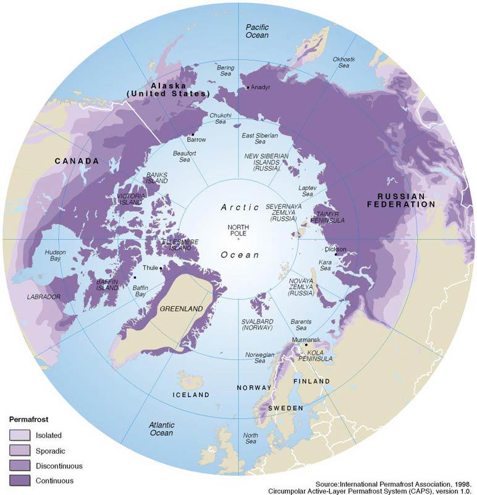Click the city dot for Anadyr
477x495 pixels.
pyautogui.click(x=248, y=87)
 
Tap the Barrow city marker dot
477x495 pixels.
pyautogui.click(x=192, y=134)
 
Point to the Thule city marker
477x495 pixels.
pyautogui.click(x=160, y=268)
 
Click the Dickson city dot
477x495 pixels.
pyautogui.click(x=336, y=254)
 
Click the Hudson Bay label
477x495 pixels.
pyautogui.click(x=56, y=256)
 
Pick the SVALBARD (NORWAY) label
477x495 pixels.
pyautogui.click(x=257, y=324)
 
